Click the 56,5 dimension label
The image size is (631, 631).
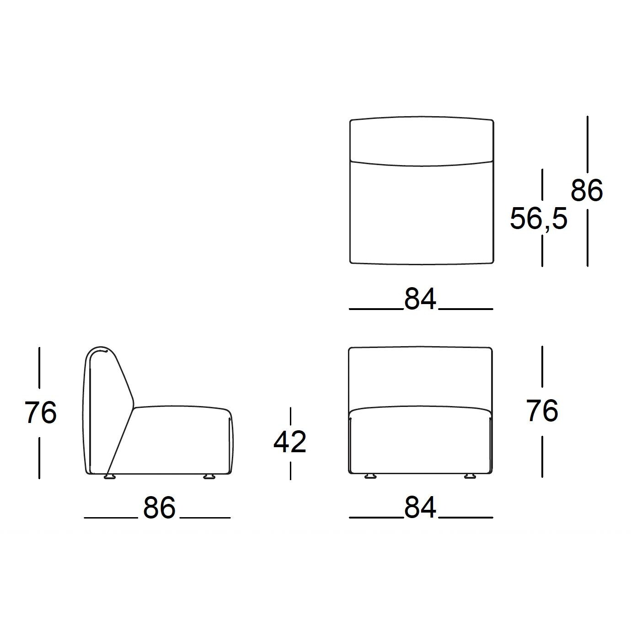click(x=538, y=219)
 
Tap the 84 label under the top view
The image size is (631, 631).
click(x=420, y=299)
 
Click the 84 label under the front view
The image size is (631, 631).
click(x=420, y=508)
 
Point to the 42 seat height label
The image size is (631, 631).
click(x=290, y=442)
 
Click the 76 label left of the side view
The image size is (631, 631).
click(x=40, y=412)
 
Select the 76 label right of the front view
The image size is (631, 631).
click(x=542, y=411)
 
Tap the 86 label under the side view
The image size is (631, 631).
click(x=159, y=508)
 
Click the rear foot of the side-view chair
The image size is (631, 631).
click(x=110, y=477)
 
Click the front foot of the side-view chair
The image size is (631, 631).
click(x=209, y=477)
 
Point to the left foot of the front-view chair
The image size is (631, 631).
click(x=370, y=476)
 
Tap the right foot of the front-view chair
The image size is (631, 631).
click(x=470, y=476)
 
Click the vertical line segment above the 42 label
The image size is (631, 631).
click(x=290, y=418)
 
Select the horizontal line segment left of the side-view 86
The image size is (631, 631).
click(x=111, y=518)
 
